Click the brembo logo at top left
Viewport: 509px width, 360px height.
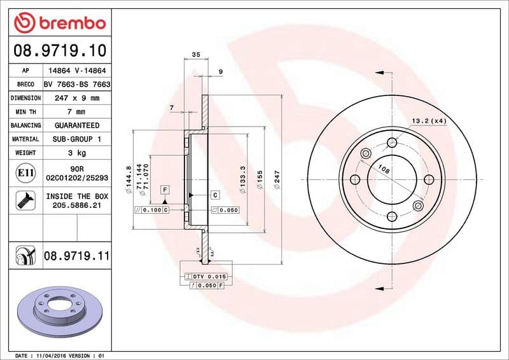coord(60,23)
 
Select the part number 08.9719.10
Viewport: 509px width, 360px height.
coord(60,50)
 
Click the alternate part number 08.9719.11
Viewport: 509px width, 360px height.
coord(77,256)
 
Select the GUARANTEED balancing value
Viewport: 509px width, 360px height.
coord(76,125)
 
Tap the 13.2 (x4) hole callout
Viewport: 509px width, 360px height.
coord(429,120)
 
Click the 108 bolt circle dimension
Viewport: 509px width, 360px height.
coord(384,169)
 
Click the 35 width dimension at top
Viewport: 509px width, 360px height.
coord(195,55)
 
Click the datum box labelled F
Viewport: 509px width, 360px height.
coord(165,190)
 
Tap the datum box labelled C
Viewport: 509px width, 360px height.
coord(215,195)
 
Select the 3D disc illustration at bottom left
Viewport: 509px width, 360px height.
coord(58,311)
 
